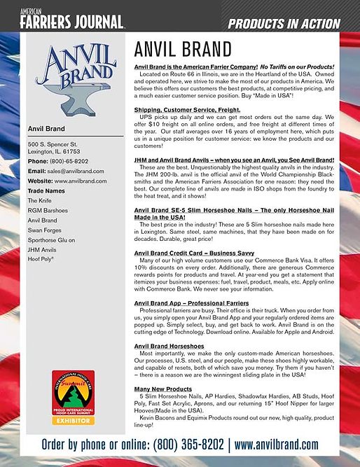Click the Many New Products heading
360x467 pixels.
[x=164, y=389]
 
